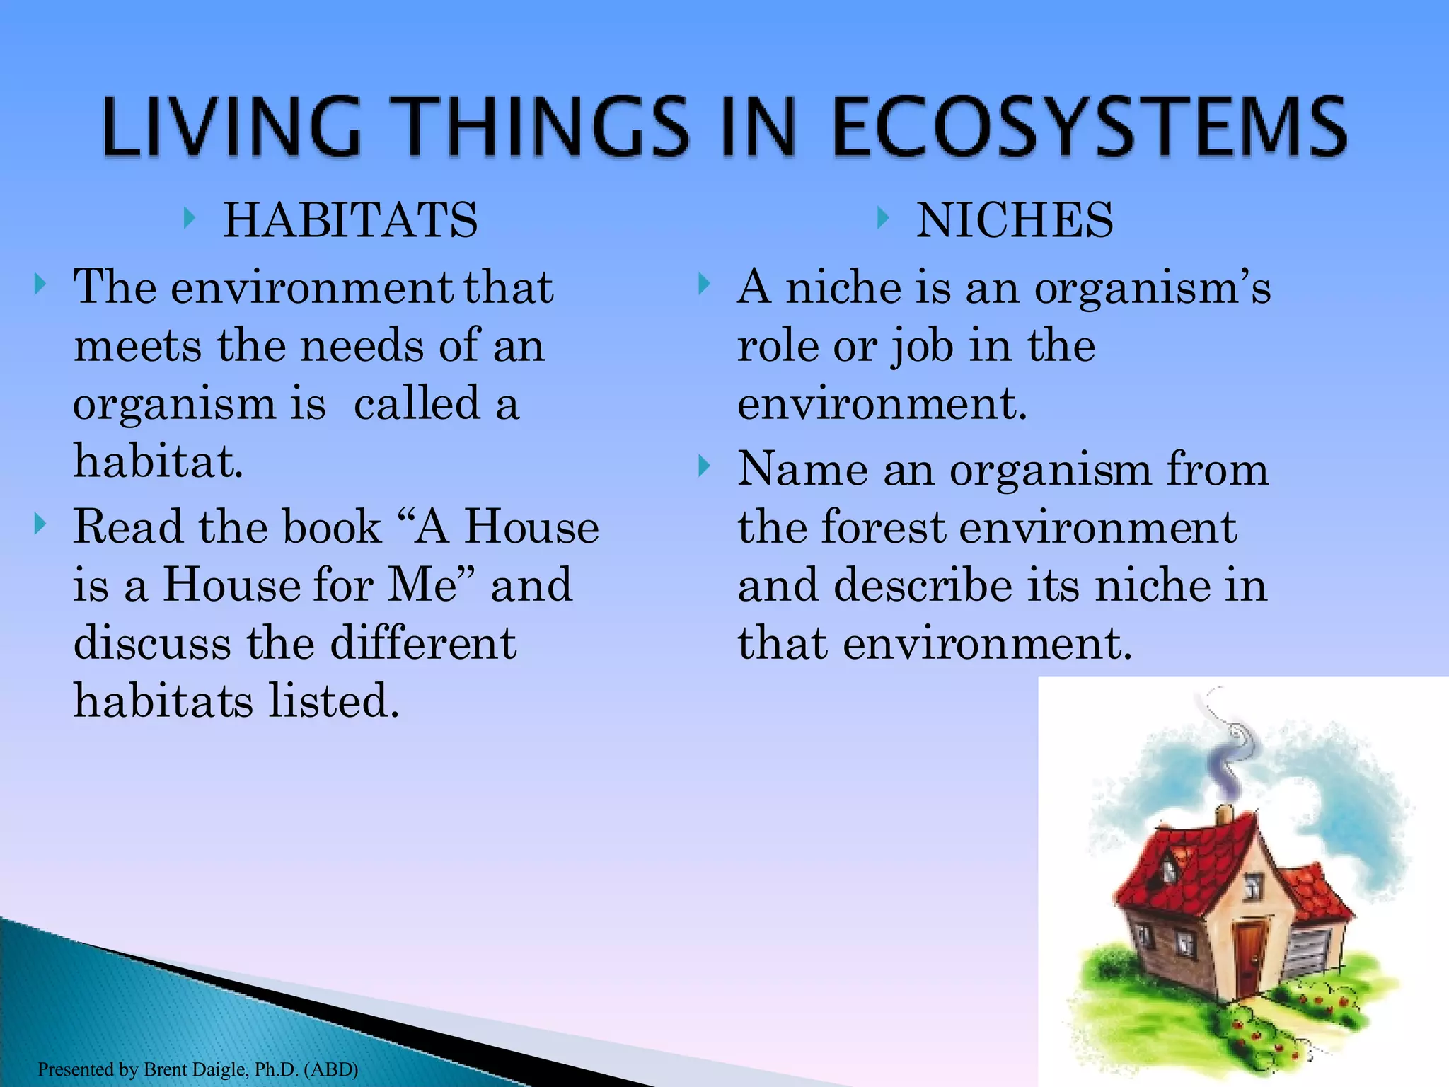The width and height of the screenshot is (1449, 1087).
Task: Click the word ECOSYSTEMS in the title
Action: click(1090, 127)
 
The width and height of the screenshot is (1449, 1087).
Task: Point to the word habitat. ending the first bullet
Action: click(158, 461)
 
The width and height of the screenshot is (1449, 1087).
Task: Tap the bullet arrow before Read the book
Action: click(40, 525)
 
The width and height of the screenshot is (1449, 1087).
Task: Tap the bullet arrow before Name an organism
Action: click(703, 466)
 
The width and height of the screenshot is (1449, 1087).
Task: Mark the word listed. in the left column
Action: click(333, 701)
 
